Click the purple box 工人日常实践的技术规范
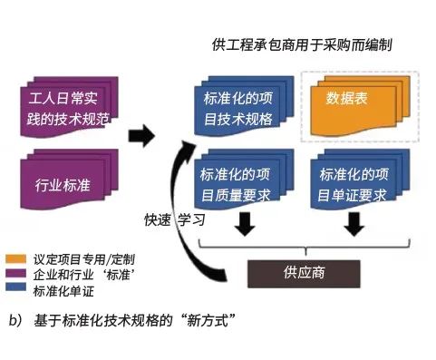click(x=61, y=107)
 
